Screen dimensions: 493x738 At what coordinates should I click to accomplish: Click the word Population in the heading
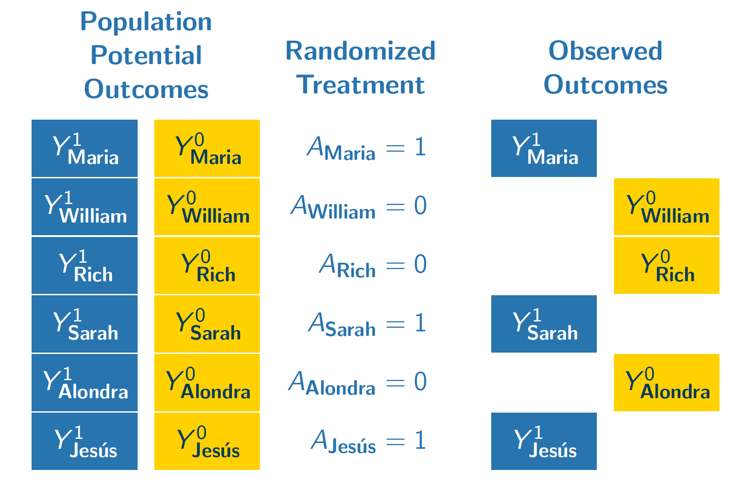coord(146,22)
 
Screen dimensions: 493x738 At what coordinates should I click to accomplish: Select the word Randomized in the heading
coord(360,51)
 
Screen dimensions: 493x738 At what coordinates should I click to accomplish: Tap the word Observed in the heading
coord(605,51)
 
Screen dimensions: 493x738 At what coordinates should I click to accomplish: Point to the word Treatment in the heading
coord(360,85)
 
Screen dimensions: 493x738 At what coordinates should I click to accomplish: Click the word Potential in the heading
coord(146,56)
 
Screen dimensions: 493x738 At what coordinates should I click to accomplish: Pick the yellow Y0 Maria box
coord(207,148)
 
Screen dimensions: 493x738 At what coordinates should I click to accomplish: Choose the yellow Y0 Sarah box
coord(207,324)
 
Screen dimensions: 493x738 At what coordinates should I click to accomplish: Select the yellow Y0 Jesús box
coord(207,441)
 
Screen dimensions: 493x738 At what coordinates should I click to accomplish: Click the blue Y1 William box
coord(84,207)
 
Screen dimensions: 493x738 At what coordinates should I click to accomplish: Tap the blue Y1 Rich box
coord(84,265)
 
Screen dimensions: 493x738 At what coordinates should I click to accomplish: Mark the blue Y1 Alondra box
coord(84,382)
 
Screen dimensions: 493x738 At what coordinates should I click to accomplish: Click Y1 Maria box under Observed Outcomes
coord(544,148)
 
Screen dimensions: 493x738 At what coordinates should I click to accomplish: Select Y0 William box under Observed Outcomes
coord(666,207)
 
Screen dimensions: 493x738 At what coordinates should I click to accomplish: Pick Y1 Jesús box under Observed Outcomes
coord(544,441)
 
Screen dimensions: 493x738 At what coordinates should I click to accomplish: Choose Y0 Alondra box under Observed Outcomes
coord(666,382)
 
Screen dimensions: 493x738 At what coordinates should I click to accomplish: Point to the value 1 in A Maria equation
coord(420,147)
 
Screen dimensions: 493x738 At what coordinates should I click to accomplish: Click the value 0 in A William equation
coord(420,206)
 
